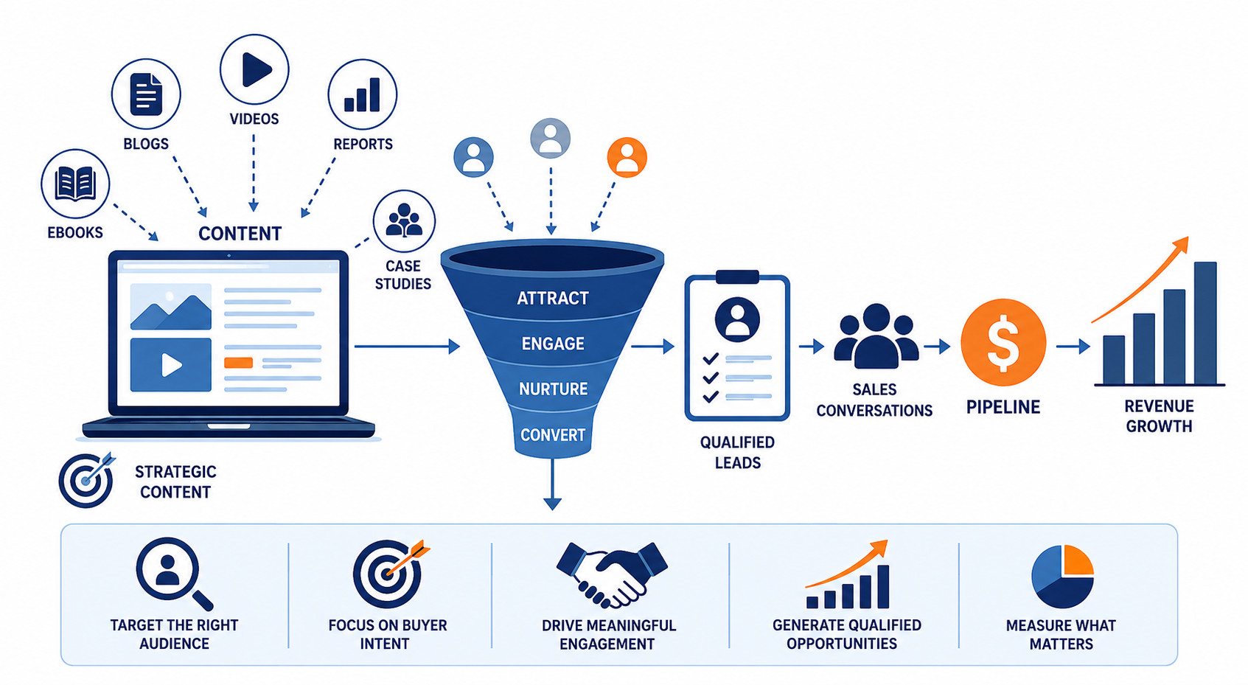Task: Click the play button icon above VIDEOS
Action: pyautogui.click(x=256, y=69)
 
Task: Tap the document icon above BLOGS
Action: pyautogui.click(x=146, y=94)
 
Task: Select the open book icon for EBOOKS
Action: pyautogui.click(x=75, y=184)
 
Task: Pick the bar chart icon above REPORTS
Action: pyautogui.click(x=362, y=95)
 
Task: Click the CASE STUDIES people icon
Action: pyautogui.click(x=404, y=220)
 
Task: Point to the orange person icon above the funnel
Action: pyautogui.click(x=627, y=157)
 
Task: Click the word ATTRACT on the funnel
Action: pyautogui.click(x=553, y=298)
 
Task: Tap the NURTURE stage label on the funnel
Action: pyautogui.click(x=554, y=389)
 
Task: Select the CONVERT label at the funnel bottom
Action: pyautogui.click(x=553, y=435)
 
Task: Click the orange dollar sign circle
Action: pyautogui.click(x=1003, y=342)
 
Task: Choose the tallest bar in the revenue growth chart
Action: pyautogui.click(x=1205, y=323)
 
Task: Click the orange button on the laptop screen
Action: pyautogui.click(x=238, y=363)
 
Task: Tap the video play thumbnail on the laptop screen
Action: pyautogui.click(x=171, y=365)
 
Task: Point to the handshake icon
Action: pyautogui.click(x=612, y=574)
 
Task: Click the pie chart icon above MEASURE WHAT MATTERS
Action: pyautogui.click(x=1062, y=577)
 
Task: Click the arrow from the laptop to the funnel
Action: pyautogui.click(x=407, y=347)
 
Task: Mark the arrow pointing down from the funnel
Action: pyautogui.click(x=552, y=484)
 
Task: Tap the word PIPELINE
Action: pyautogui.click(x=1003, y=407)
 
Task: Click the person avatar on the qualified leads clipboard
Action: pyautogui.click(x=737, y=319)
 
